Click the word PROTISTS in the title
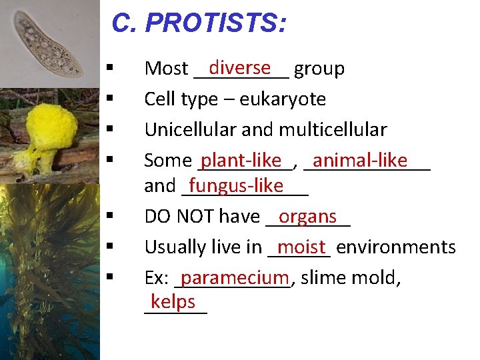[x=216, y=23]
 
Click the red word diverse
[x=239, y=67]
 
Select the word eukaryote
[x=283, y=99]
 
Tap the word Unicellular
[x=185, y=129]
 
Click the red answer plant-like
[x=241, y=160]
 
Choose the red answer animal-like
[x=359, y=160]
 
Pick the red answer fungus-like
[x=236, y=185]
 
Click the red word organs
[x=307, y=216]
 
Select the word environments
[x=396, y=247]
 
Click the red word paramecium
[x=234, y=277]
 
